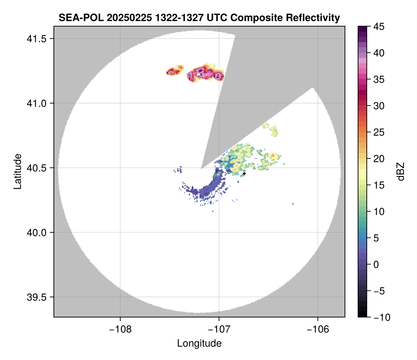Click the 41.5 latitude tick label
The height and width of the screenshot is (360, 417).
tap(36, 39)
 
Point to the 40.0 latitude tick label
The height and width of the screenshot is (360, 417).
tap(36, 232)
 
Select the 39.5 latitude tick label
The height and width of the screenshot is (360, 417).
tap(36, 297)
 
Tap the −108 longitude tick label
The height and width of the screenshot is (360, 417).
tap(120, 329)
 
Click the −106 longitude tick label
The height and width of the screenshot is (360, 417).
tap(318, 329)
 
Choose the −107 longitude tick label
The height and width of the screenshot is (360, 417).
tap(219, 329)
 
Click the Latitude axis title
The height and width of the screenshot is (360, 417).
tap(17, 171)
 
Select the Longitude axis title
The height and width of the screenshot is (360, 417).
tap(199, 343)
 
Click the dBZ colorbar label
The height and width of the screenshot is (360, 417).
tap(401, 172)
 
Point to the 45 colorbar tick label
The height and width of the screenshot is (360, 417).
tap(379, 27)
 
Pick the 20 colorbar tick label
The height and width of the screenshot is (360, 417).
tap(379, 159)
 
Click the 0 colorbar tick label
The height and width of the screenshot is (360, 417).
tap(376, 265)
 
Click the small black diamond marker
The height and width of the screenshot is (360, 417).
tap(244, 173)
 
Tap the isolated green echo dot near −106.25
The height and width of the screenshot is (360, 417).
tap(293, 204)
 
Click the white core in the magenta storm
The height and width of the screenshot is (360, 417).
tap(198, 75)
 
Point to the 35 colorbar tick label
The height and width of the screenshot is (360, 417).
tap(379, 79)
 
